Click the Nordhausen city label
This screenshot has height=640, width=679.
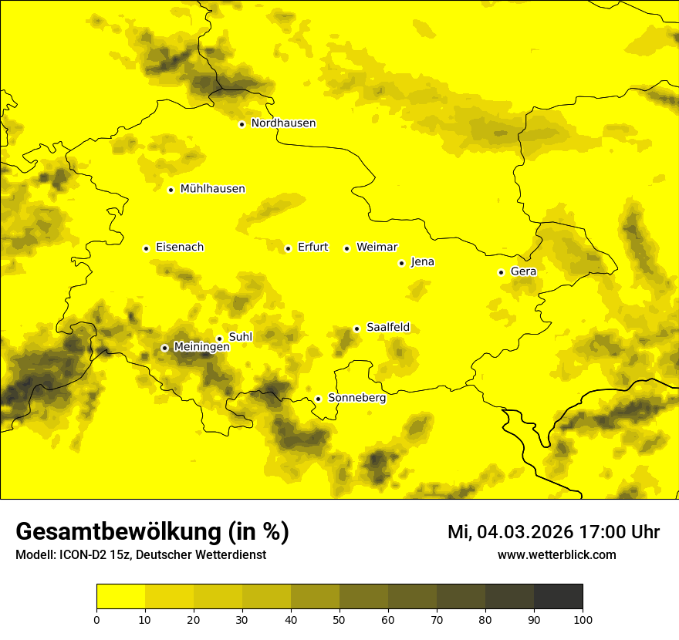(283, 123)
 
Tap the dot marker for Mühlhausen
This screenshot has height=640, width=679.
(171, 190)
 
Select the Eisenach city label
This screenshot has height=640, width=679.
(180, 248)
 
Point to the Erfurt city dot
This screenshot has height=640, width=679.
(288, 248)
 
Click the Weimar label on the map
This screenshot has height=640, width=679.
(377, 248)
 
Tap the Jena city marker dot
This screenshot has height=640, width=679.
(401, 263)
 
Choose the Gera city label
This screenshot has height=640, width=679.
(523, 271)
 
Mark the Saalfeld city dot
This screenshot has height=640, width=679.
(356, 328)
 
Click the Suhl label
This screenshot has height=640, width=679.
(241, 337)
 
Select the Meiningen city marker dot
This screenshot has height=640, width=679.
(164, 348)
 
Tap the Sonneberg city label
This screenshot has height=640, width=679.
(357, 398)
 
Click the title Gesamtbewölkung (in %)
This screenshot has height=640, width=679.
(152, 532)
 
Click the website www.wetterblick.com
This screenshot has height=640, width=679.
(556, 554)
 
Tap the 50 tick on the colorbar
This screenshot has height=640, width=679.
(339, 618)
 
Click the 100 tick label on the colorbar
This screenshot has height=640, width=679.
(583, 618)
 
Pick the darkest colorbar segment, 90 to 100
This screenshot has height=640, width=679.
(558, 596)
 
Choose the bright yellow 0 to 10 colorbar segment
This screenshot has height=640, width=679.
(120, 596)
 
